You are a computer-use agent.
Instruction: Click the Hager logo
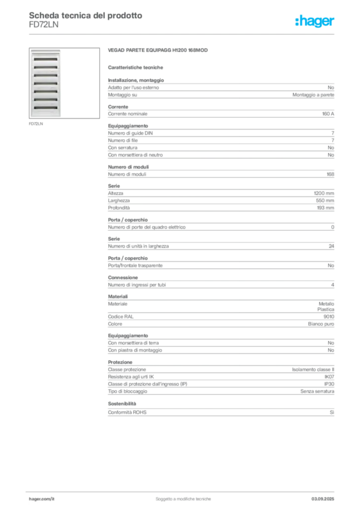click(315, 21)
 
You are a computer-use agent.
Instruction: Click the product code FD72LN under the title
click(43, 25)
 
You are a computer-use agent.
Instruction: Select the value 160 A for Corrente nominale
click(328, 114)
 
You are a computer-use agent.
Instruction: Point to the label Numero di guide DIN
click(130, 133)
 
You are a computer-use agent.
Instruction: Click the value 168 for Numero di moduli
click(330, 174)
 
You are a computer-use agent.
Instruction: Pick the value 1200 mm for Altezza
click(324, 193)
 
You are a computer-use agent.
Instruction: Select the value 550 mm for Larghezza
click(325, 201)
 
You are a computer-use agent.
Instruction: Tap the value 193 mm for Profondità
click(325, 208)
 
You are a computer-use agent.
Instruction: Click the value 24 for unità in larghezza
click(331, 246)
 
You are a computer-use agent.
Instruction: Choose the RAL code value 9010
click(329, 317)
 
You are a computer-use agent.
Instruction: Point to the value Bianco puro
click(321, 324)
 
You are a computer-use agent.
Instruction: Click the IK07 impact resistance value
click(329, 377)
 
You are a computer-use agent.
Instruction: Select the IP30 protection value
click(329, 384)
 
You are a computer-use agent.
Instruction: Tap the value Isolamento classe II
click(313, 369)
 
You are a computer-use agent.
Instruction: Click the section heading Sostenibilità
click(122, 404)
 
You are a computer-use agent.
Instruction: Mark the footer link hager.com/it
click(42, 499)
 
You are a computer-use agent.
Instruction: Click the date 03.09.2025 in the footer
click(323, 499)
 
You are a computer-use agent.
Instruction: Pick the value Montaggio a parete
click(313, 95)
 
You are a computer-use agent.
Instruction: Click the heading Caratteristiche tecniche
click(135, 68)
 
